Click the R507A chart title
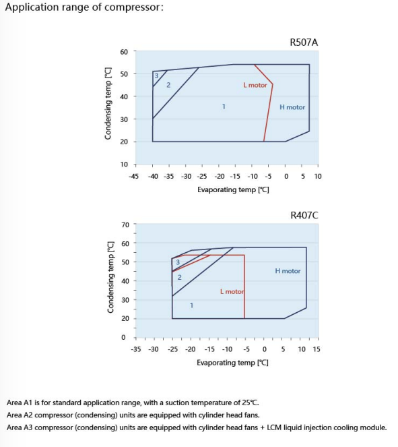[304, 42]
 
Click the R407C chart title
[304, 215]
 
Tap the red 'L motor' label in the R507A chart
[255, 85]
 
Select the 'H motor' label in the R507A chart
[292, 107]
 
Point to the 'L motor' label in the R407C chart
[232, 291]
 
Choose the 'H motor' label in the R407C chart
[288, 271]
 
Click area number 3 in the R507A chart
[156, 76]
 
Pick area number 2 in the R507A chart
[168, 85]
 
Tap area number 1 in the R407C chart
[192, 305]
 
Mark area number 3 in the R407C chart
[178, 262]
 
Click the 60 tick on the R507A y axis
[124, 52]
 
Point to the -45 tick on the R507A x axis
[133, 176]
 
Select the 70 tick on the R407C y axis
[125, 225]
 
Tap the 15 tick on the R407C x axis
[317, 349]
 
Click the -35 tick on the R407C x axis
[136, 349]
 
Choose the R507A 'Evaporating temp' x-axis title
[233, 189]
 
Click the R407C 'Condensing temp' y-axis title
[110, 277]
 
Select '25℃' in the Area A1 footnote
[251, 403]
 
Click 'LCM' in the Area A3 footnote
[273, 427]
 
